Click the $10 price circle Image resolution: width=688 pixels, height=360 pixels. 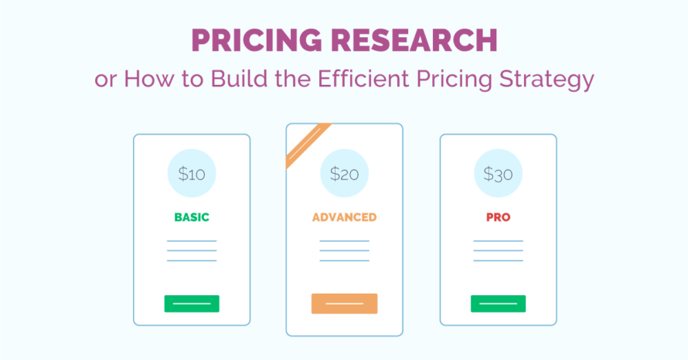(192, 174)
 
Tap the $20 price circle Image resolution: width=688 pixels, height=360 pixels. (344, 174)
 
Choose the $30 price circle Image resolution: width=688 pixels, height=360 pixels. (498, 174)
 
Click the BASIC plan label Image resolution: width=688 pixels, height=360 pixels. (192, 217)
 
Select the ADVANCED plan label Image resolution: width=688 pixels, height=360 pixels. (344, 217)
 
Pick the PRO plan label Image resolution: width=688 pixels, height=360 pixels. (498, 217)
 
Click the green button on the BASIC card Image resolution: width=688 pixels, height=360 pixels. (192, 304)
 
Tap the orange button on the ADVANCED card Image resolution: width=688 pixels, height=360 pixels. (344, 304)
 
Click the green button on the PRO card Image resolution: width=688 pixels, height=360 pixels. (498, 304)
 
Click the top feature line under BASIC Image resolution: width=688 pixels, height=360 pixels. (192, 241)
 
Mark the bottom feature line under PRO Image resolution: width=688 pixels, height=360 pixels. (498, 260)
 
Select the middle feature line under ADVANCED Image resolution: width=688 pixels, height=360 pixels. (344, 251)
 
